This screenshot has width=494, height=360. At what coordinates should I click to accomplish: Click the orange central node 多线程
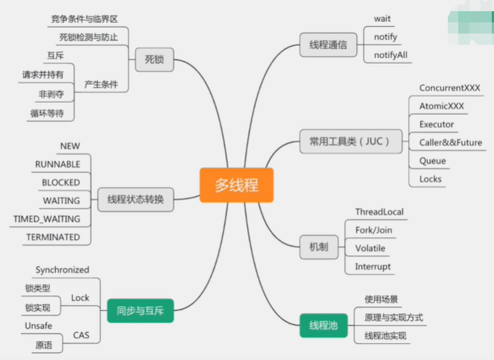click(x=236, y=185)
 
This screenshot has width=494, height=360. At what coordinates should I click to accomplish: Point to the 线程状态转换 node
click(x=135, y=199)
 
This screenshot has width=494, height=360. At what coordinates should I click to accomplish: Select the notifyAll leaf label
click(x=390, y=54)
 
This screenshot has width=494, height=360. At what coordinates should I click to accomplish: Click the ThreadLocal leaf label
click(x=379, y=212)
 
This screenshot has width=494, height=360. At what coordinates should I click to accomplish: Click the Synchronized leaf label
click(x=62, y=270)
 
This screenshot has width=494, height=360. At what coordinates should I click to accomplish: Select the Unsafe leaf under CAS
click(x=39, y=326)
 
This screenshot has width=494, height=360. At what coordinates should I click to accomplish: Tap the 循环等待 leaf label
click(x=46, y=113)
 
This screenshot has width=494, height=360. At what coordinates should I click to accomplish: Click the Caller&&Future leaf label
click(x=450, y=142)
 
